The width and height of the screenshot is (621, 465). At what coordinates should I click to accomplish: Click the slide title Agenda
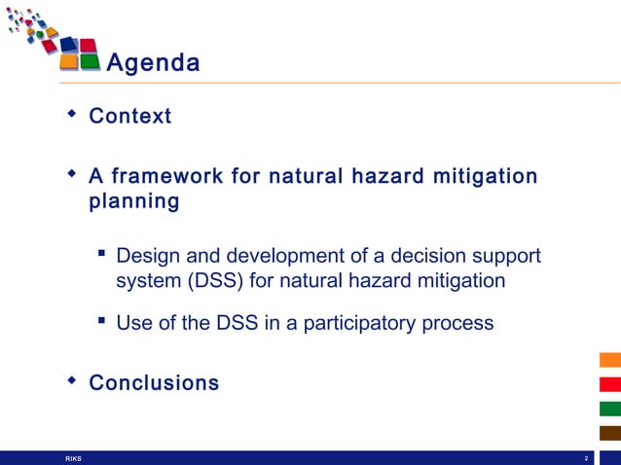click(153, 63)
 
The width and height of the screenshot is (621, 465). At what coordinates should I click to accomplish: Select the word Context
click(129, 117)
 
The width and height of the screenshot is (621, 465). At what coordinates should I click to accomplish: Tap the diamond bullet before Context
click(71, 115)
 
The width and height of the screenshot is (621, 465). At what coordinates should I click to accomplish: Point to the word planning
click(133, 202)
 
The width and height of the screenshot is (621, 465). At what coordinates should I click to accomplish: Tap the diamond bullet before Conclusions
click(71, 381)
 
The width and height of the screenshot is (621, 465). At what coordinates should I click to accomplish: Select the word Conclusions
click(154, 383)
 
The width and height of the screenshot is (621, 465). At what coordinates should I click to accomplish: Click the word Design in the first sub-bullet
click(146, 257)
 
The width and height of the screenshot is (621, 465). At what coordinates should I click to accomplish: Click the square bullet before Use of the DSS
click(101, 320)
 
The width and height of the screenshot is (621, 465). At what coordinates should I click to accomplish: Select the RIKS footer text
click(73, 458)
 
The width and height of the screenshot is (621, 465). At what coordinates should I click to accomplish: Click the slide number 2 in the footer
click(586, 458)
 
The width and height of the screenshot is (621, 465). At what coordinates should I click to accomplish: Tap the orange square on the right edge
click(609, 360)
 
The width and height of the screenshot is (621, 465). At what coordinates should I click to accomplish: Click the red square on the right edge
click(609, 384)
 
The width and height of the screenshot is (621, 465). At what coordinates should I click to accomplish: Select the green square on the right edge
click(609, 409)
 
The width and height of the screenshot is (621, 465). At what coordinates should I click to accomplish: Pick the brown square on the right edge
click(609, 433)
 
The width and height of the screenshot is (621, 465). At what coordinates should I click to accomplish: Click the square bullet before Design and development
click(101, 255)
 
